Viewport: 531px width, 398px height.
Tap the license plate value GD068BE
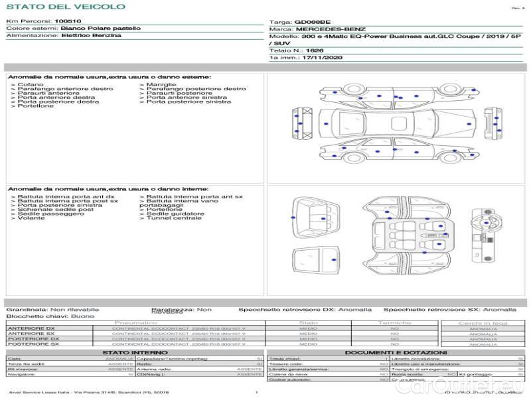[x=312, y=22]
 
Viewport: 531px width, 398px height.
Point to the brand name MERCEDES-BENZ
[x=331, y=29]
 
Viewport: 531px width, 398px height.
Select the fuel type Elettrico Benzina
[x=91, y=35]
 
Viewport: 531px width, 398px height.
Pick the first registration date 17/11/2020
[x=318, y=58]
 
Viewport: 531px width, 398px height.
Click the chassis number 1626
[x=315, y=50]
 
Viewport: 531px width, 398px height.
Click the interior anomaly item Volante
[x=31, y=218]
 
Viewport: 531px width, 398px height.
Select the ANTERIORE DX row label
[x=31, y=328]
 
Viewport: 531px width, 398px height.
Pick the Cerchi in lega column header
[x=483, y=323]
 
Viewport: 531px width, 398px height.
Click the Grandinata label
[x=27, y=309]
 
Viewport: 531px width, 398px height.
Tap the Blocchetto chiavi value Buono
[x=82, y=316]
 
